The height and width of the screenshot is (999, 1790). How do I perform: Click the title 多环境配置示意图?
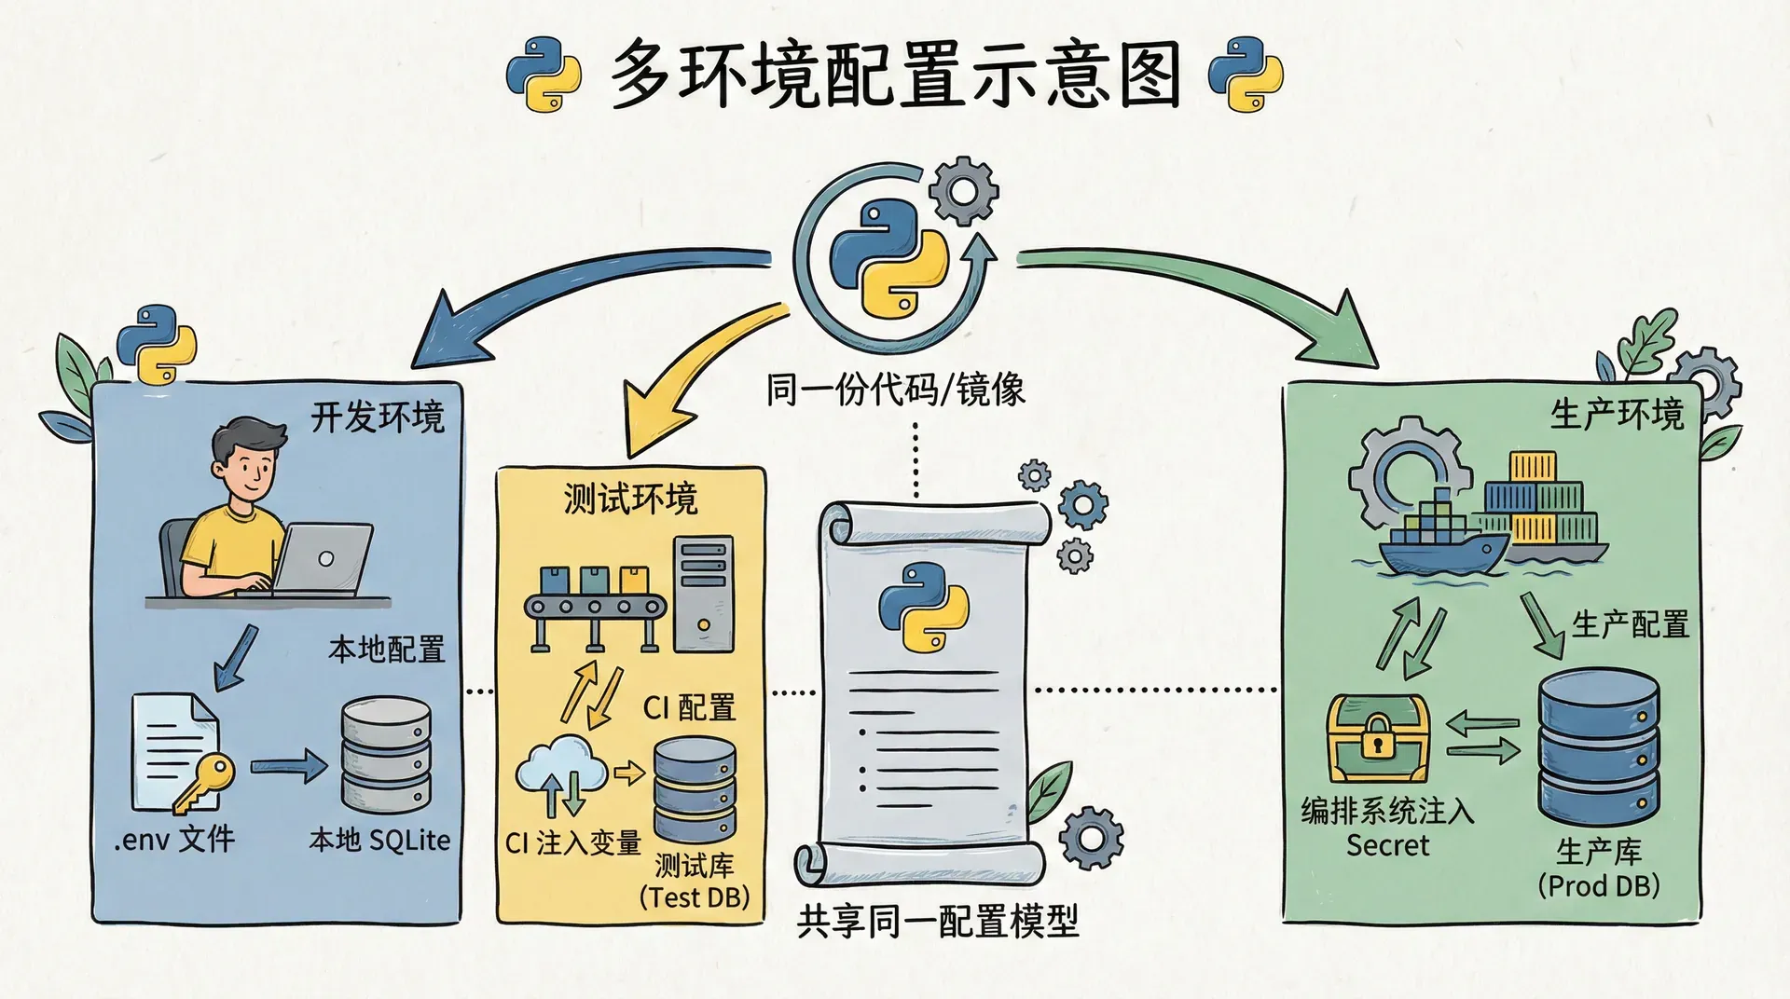click(x=895, y=75)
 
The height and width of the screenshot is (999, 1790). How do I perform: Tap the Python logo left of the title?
click(x=543, y=75)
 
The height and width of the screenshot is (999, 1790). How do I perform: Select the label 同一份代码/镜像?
click(x=895, y=390)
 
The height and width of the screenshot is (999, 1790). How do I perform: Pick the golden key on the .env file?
click(x=207, y=781)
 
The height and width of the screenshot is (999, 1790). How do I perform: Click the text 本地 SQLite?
click(x=379, y=840)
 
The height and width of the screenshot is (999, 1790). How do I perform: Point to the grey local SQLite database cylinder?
click(x=386, y=755)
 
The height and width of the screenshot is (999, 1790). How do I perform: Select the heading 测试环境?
click(x=630, y=499)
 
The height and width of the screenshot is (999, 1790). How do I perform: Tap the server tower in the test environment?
click(x=703, y=594)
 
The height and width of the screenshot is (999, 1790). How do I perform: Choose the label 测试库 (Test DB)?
click(x=695, y=881)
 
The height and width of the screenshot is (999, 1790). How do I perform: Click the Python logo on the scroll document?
click(x=923, y=606)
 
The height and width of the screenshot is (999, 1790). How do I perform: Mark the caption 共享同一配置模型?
click(x=937, y=922)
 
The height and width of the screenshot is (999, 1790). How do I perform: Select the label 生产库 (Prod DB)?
click(x=1599, y=868)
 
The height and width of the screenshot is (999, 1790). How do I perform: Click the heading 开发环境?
click(x=378, y=417)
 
